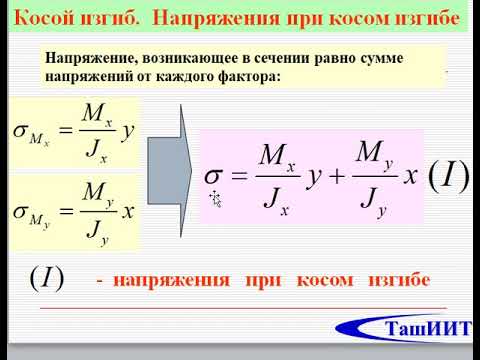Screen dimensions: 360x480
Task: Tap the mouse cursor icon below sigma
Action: click(215, 198)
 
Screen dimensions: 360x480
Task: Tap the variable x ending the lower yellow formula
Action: click(128, 210)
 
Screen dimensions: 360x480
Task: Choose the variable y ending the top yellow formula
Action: click(127, 130)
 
